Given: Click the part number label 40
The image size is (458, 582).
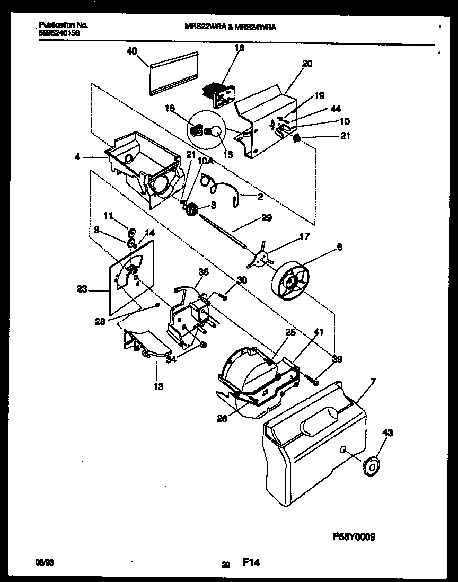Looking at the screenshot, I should pos(132,51).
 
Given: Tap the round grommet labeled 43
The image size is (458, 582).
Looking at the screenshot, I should pos(372,466).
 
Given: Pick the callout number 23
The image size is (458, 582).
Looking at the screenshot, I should pos(82,289).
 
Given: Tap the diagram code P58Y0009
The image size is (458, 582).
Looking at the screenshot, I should pos(354,536).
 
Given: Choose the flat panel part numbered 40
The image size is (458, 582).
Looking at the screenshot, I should pos(173,74).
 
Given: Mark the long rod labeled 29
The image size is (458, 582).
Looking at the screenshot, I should pos(223,228).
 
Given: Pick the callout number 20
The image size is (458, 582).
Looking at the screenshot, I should pos(307,64).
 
